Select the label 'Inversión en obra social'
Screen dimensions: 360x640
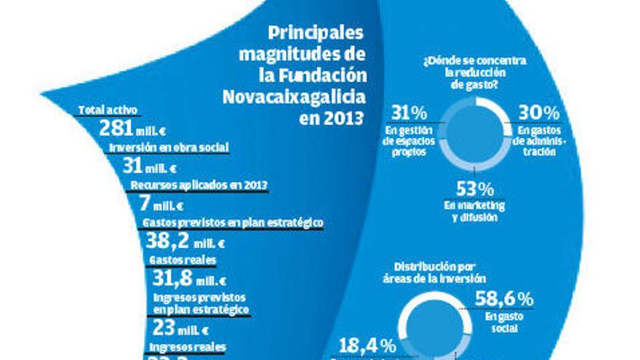169,147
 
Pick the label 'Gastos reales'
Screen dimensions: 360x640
182,260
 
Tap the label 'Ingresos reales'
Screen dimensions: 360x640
187,346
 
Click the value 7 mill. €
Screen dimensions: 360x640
161,204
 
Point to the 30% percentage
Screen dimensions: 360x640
539,113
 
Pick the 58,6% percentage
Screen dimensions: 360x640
504,299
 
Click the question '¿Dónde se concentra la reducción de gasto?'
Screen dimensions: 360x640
474,73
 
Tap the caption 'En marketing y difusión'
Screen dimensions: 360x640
474,211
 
